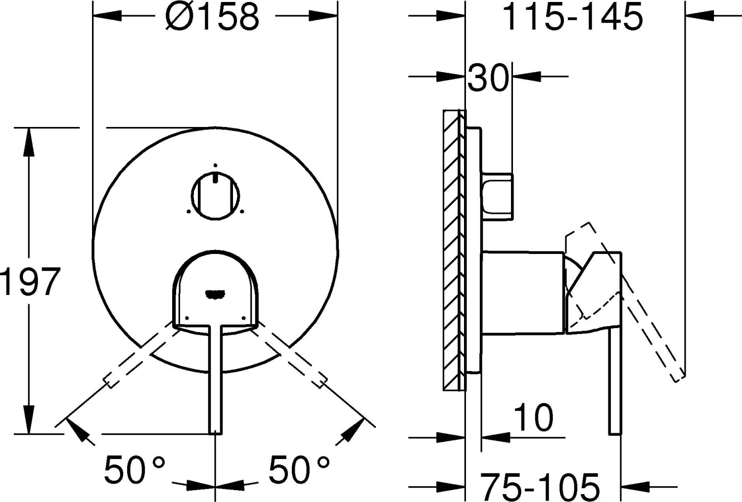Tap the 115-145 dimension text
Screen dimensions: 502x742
572,16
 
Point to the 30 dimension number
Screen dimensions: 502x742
488,78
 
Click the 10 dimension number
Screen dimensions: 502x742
533,418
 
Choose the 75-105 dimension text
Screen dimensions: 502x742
540,486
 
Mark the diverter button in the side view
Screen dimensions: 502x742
497,195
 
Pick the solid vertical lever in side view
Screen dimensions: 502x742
614,380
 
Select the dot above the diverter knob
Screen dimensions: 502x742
215,165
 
